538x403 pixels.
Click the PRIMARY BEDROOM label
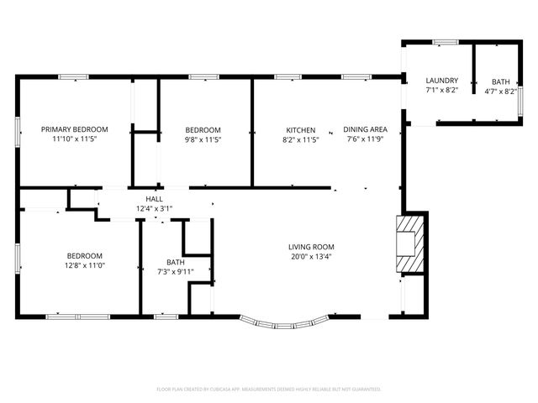coord(75,129)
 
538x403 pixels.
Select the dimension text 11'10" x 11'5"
coord(75,139)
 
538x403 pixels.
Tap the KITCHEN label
coord(300,130)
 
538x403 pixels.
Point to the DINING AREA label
coord(365,130)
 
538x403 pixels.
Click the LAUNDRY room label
coord(441,81)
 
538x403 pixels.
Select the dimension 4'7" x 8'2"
coord(501,91)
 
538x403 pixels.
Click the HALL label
coord(154,199)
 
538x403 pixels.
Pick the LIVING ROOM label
coord(311,247)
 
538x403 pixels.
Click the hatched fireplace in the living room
coord(409,244)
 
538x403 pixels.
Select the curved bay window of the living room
coord(284,322)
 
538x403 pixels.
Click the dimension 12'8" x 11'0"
coord(85,265)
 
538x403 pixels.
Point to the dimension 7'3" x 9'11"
coord(175,271)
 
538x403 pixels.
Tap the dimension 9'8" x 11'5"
coord(203,139)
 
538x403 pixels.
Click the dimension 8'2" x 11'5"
coord(300,139)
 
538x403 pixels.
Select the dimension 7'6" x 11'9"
coord(365,139)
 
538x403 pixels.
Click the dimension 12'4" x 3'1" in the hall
coord(154,208)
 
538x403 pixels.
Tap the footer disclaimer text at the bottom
coord(269,390)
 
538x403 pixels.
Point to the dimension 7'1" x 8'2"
coord(441,90)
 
